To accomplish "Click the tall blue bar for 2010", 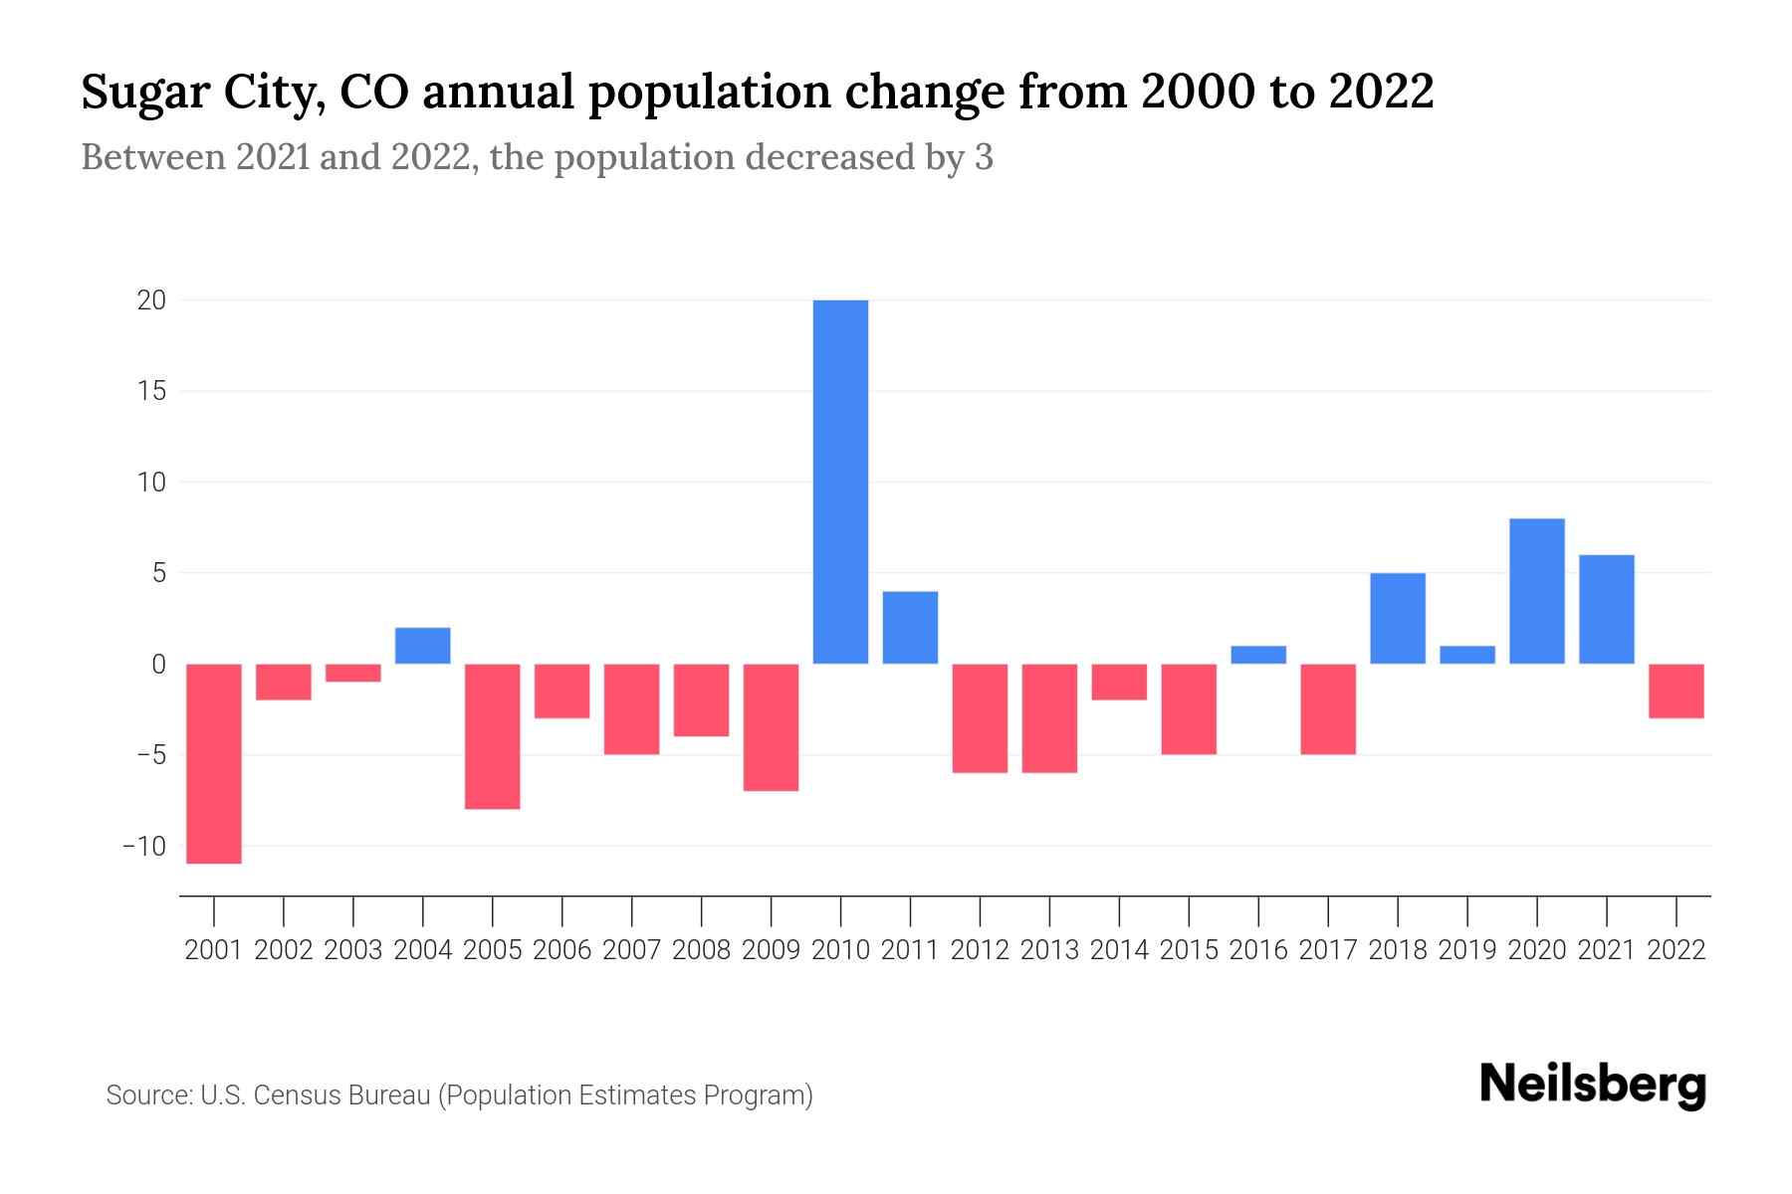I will pyautogui.click(x=840, y=482).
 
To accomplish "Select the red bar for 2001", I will pyautogui.click(x=214, y=763).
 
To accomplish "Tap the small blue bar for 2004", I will pyautogui.click(x=423, y=646).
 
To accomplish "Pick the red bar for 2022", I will pyautogui.click(x=1677, y=691).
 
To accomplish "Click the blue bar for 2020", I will pyautogui.click(x=1537, y=591).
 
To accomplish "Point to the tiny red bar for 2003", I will pyautogui.click(x=353, y=673).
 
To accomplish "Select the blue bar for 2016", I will pyautogui.click(x=1258, y=655).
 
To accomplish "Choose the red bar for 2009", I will pyautogui.click(x=772, y=727).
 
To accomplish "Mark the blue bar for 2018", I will pyautogui.click(x=1398, y=618).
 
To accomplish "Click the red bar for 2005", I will pyautogui.click(x=493, y=736).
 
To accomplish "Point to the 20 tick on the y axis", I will pyautogui.click(x=151, y=300).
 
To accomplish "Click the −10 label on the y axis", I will pyautogui.click(x=144, y=847).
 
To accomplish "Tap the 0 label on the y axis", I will pyautogui.click(x=158, y=665).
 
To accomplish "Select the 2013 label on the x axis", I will pyautogui.click(x=1049, y=950).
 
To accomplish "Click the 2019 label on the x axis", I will pyautogui.click(x=1467, y=950).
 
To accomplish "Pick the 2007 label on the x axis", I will pyautogui.click(x=632, y=950).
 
